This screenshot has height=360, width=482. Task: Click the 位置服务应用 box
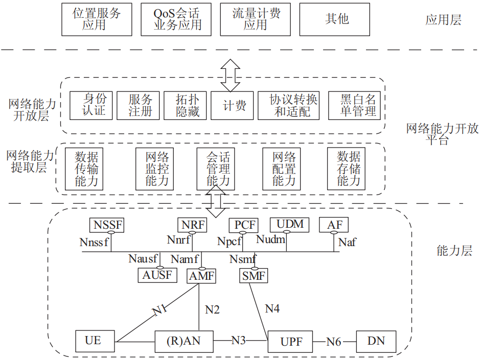point(96,19)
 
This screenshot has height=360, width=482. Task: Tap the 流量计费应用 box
point(256,19)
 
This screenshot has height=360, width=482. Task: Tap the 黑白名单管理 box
point(357,105)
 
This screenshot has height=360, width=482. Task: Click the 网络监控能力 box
point(157,169)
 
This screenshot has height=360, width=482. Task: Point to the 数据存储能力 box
point(349,169)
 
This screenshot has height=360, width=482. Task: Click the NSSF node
point(108,225)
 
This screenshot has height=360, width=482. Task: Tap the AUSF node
point(157,275)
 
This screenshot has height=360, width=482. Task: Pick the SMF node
point(254,276)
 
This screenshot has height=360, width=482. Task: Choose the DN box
point(376,342)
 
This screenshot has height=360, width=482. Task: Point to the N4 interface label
point(272,308)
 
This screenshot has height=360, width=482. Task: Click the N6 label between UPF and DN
point(334,342)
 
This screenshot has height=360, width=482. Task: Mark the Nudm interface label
point(270,239)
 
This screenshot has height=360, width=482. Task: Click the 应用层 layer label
point(443,20)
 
